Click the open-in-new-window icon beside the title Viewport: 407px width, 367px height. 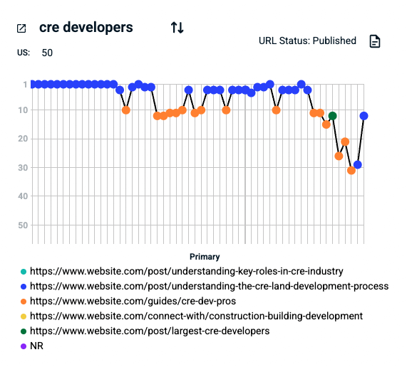(21, 28)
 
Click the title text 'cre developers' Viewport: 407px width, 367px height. (86, 28)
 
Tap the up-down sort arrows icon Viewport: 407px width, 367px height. (177, 28)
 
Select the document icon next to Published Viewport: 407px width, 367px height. (375, 41)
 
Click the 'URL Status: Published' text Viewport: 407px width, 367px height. (307, 41)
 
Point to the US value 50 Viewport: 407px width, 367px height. (47, 53)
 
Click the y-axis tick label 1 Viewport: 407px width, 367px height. (25, 85)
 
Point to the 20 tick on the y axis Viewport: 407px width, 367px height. (24, 139)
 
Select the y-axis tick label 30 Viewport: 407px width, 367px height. (24, 168)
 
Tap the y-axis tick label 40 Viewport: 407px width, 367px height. (24, 196)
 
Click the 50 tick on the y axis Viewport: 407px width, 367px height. (24, 225)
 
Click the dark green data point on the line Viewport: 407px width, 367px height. (332, 116)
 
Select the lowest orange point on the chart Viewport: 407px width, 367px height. (351, 171)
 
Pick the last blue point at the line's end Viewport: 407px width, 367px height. (364, 116)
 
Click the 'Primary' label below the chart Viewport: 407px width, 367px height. (205, 257)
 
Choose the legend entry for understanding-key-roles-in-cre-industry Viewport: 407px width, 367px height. (186, 271)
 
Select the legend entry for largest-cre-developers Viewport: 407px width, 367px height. (149, 331)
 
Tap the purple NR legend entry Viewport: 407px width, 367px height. (36, 346)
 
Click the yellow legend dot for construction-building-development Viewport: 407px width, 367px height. (24, 316)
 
